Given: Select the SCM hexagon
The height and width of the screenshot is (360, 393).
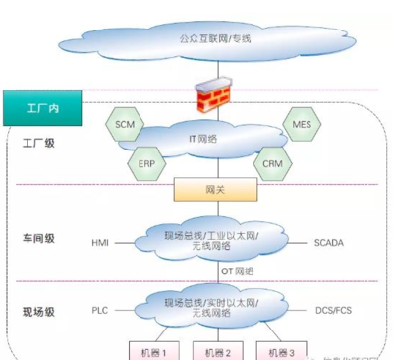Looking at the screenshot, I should click(125, 126).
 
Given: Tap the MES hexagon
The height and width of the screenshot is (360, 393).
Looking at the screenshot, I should click(302, 126).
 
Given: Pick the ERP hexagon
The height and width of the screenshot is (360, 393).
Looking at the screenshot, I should click(146, 161).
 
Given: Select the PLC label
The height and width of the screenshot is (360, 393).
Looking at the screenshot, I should click(101, 309).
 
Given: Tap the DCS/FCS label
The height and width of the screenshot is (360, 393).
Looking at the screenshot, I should click(333, 309).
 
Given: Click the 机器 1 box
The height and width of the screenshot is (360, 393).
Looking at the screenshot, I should click(157, 351).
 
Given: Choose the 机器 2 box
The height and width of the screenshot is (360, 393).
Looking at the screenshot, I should click(216, 351).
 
